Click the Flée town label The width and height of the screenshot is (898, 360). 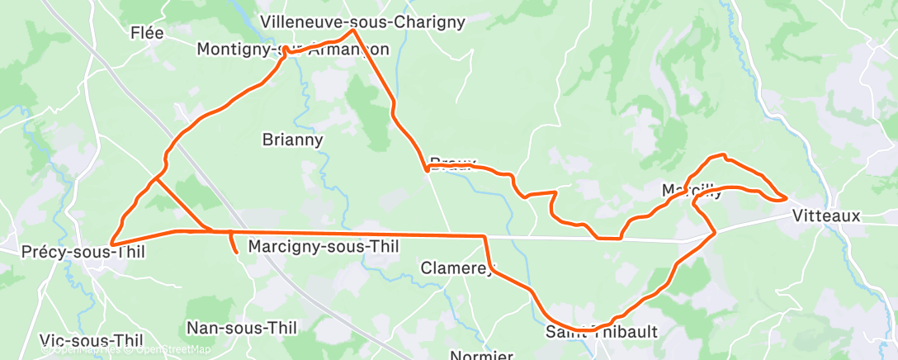tap(148, 33)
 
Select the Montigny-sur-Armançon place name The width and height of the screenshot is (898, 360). tap(292, 50)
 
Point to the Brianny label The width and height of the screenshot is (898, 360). tap(292, 140)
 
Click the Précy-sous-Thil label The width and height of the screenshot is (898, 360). tap(73, 251)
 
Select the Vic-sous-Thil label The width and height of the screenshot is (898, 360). tap(92, 340)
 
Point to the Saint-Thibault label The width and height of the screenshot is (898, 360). tap(602, 332)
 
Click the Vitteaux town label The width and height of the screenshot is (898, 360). tap(825, 216)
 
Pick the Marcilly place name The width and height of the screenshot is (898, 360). tap(692, 191)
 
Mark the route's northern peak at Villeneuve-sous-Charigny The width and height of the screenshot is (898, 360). tap(353, 31)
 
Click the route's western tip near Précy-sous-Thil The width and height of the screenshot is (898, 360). tap(111, 243)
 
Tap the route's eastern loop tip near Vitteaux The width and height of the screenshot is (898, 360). tap(785, 197)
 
